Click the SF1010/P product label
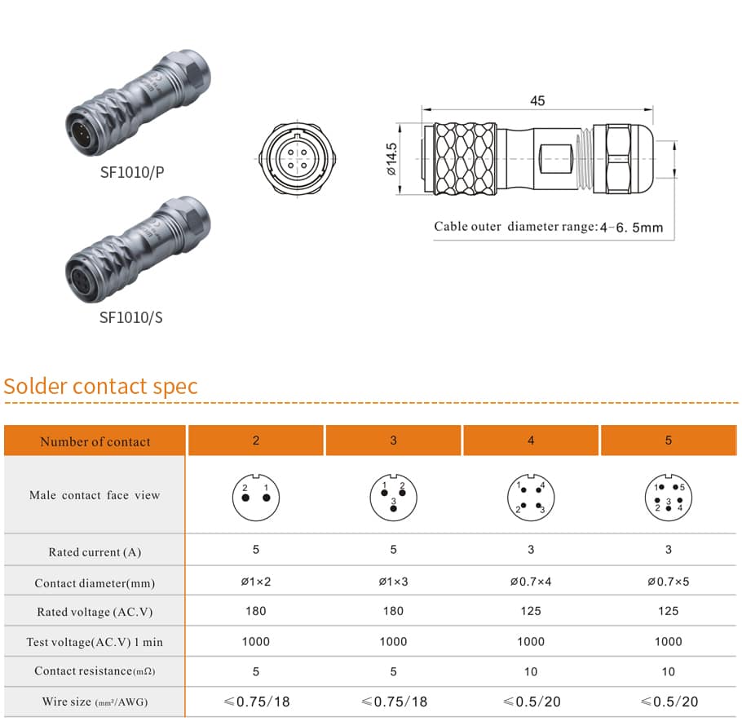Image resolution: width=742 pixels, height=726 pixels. tap(132, 172)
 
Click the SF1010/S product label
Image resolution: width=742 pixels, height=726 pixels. tap(131, 317)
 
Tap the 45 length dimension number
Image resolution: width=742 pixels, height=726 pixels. tap(537, 101)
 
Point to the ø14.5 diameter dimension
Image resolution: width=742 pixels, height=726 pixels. tap(391, 159)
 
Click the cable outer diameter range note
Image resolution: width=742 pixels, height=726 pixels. tap(549, 227)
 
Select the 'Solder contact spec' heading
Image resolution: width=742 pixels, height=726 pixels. tap(100, 386)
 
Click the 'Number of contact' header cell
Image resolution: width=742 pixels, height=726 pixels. tap(95, 441)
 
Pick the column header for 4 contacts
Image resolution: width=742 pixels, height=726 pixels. tap(531, 440)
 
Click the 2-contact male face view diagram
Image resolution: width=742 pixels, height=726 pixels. tap(256, 498)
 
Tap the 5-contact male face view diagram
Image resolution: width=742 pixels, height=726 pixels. tap(669, 498)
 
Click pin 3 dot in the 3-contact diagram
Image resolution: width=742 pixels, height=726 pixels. tap(393, 509)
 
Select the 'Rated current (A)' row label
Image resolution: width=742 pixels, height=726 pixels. tap(95, 552)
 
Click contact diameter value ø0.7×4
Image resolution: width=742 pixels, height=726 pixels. tap(531, 582)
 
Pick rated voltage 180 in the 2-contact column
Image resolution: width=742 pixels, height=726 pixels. tap(256, 611)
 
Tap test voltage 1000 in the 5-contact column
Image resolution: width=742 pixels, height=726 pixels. tap(669, 642)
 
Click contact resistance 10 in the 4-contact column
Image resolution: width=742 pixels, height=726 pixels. tap(531, 671)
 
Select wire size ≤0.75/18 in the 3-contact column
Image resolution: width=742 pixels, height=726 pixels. tap(394, 702)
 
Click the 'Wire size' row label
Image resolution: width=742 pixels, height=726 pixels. tap(95, 702)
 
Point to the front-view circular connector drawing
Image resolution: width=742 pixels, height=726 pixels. tap(297, 158)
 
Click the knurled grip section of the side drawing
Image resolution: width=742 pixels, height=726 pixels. tap(465, 159)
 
